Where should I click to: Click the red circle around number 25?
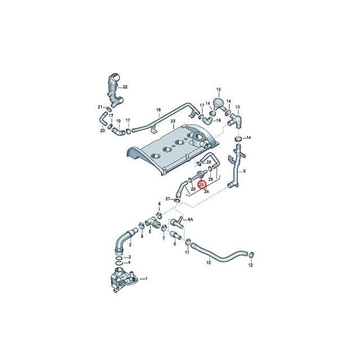(202, 183)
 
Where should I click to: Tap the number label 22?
(125, 87)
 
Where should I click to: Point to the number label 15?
(219, 89)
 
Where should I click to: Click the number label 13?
(237, 107)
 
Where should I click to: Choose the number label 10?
(208, 263)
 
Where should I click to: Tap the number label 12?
(251, 264)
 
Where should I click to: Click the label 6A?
(190, 219)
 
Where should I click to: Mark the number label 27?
(168, 199)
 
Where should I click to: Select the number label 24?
(206, 191)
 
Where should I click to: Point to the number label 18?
(159, 109)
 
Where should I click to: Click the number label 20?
(103, 130)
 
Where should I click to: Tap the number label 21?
(100, 107)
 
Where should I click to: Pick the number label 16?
(218, 113)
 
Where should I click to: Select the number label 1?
(147, 278)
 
